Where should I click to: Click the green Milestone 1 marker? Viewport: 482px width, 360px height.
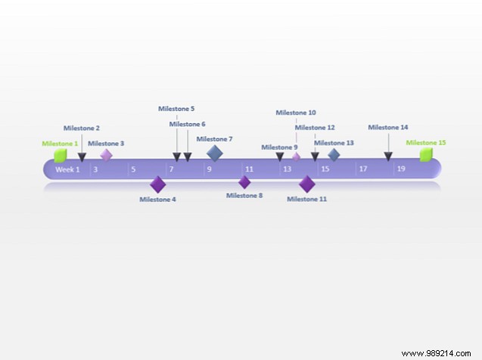coord(60,156)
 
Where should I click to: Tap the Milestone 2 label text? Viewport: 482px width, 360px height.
coord(81,129)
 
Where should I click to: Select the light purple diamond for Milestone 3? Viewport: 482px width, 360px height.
coord(107,154)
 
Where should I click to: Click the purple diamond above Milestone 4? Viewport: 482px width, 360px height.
coord(157,184)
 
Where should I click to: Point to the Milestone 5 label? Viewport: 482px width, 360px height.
coord(176,109)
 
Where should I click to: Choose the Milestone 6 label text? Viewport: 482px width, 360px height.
coord(187,124)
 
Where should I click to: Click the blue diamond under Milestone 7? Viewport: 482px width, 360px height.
coord(215,154)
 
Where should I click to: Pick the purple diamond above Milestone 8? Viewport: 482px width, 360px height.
coord(244,182)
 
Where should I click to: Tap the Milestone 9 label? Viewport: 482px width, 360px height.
coord(279,147)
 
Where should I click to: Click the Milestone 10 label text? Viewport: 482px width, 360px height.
coord(296,113)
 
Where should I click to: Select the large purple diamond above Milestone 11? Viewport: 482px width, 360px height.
coord(306,184)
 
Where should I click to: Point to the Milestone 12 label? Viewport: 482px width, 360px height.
coord(315,128)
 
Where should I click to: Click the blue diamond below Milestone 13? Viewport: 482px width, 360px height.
coord(334,154)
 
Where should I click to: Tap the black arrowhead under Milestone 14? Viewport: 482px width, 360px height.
coord(388,157)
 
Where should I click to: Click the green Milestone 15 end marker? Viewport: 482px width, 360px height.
coord(426,155)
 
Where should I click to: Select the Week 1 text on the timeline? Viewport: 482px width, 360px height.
coord(67,169)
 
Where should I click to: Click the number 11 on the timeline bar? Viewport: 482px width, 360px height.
coord(249,169)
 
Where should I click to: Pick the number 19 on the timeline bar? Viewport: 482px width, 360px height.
coord(401,169)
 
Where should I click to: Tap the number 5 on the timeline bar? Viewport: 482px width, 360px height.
coord(133,169)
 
